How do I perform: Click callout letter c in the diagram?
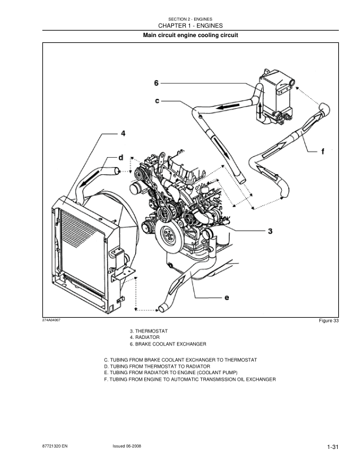point(157,101)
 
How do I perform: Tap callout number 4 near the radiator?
point(123,134)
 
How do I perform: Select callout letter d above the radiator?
point(121,157)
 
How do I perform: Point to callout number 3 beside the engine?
point(270,231)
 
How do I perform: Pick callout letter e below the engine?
point(226,298)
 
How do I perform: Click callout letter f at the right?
point(322,151)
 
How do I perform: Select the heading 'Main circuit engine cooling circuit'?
point(191,36)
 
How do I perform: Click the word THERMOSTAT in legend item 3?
point(152,332)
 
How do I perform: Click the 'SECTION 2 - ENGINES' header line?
point(191,19)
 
